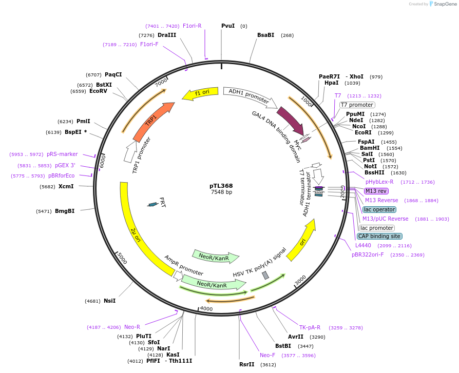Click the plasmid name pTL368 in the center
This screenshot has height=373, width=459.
[221, 186]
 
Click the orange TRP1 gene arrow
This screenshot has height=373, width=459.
[152, 121]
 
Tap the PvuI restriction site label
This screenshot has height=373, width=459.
[228, 26]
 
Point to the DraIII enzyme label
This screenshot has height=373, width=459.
[167, 35]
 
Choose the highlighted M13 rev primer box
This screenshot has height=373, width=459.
[376, 191]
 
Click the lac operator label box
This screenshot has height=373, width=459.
[379, 209]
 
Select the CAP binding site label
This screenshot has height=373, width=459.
[379, 236]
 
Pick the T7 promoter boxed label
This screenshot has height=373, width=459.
[357, 105]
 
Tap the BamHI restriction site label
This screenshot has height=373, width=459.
[370, 148]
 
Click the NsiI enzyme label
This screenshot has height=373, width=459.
[109, 301]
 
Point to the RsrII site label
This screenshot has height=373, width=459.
[247, 364]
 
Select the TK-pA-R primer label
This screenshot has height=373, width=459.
[310, 327]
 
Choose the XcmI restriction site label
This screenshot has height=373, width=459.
[66, 186]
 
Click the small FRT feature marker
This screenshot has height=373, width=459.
[152, 204]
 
